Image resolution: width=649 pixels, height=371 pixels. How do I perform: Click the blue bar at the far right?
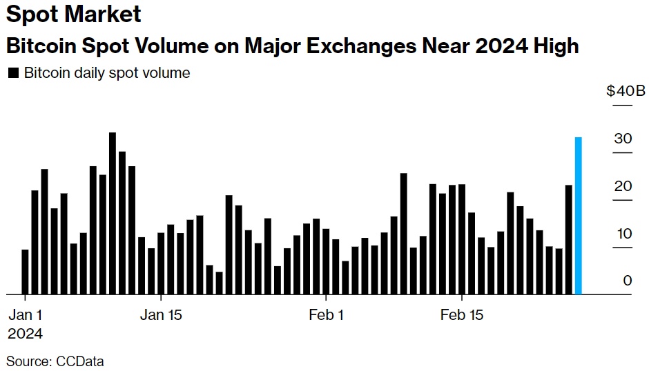pyautogui.click(x=579, y=216)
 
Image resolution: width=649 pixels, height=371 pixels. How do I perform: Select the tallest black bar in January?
pyautogui.click(x=113, y=213)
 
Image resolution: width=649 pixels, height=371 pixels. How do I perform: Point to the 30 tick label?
pyautogui.click(x=623, y=139)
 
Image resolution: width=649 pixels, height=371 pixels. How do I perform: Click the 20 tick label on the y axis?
pyautogui.click(x=623, y=186)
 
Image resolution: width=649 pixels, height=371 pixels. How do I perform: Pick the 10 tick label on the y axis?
pyautogui.click(x=623, y=233)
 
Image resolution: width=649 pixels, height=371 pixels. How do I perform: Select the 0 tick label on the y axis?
pyautogui.click(x=627, y=280)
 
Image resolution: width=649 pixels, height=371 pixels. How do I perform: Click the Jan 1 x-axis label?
pyautogui.click(x=26, y=315)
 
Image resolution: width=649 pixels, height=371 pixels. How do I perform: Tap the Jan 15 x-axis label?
pyautogui.click(x=161, y=315)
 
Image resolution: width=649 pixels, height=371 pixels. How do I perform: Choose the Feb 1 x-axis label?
pyautogui.click(x=326, y=315)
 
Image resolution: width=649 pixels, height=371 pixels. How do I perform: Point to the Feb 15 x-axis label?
pyautogui.click(x=462, y=315)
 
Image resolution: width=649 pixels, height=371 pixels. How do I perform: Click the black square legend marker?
pyautogui.click(x=12, y=72)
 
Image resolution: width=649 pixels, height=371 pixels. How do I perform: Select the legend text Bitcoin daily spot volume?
pyautogui.click(x=107, y=72)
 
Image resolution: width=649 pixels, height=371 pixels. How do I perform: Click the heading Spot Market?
pyautogui.click(x=73, y=14)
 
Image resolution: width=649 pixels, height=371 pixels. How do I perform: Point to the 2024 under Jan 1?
pyautogui.click(x=25, y=334)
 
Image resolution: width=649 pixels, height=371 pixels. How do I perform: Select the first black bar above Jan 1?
pyautogui.click(x=26, y=272)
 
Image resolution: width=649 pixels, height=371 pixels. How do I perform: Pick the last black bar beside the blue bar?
pyautogui.click(x=569, y=239)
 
